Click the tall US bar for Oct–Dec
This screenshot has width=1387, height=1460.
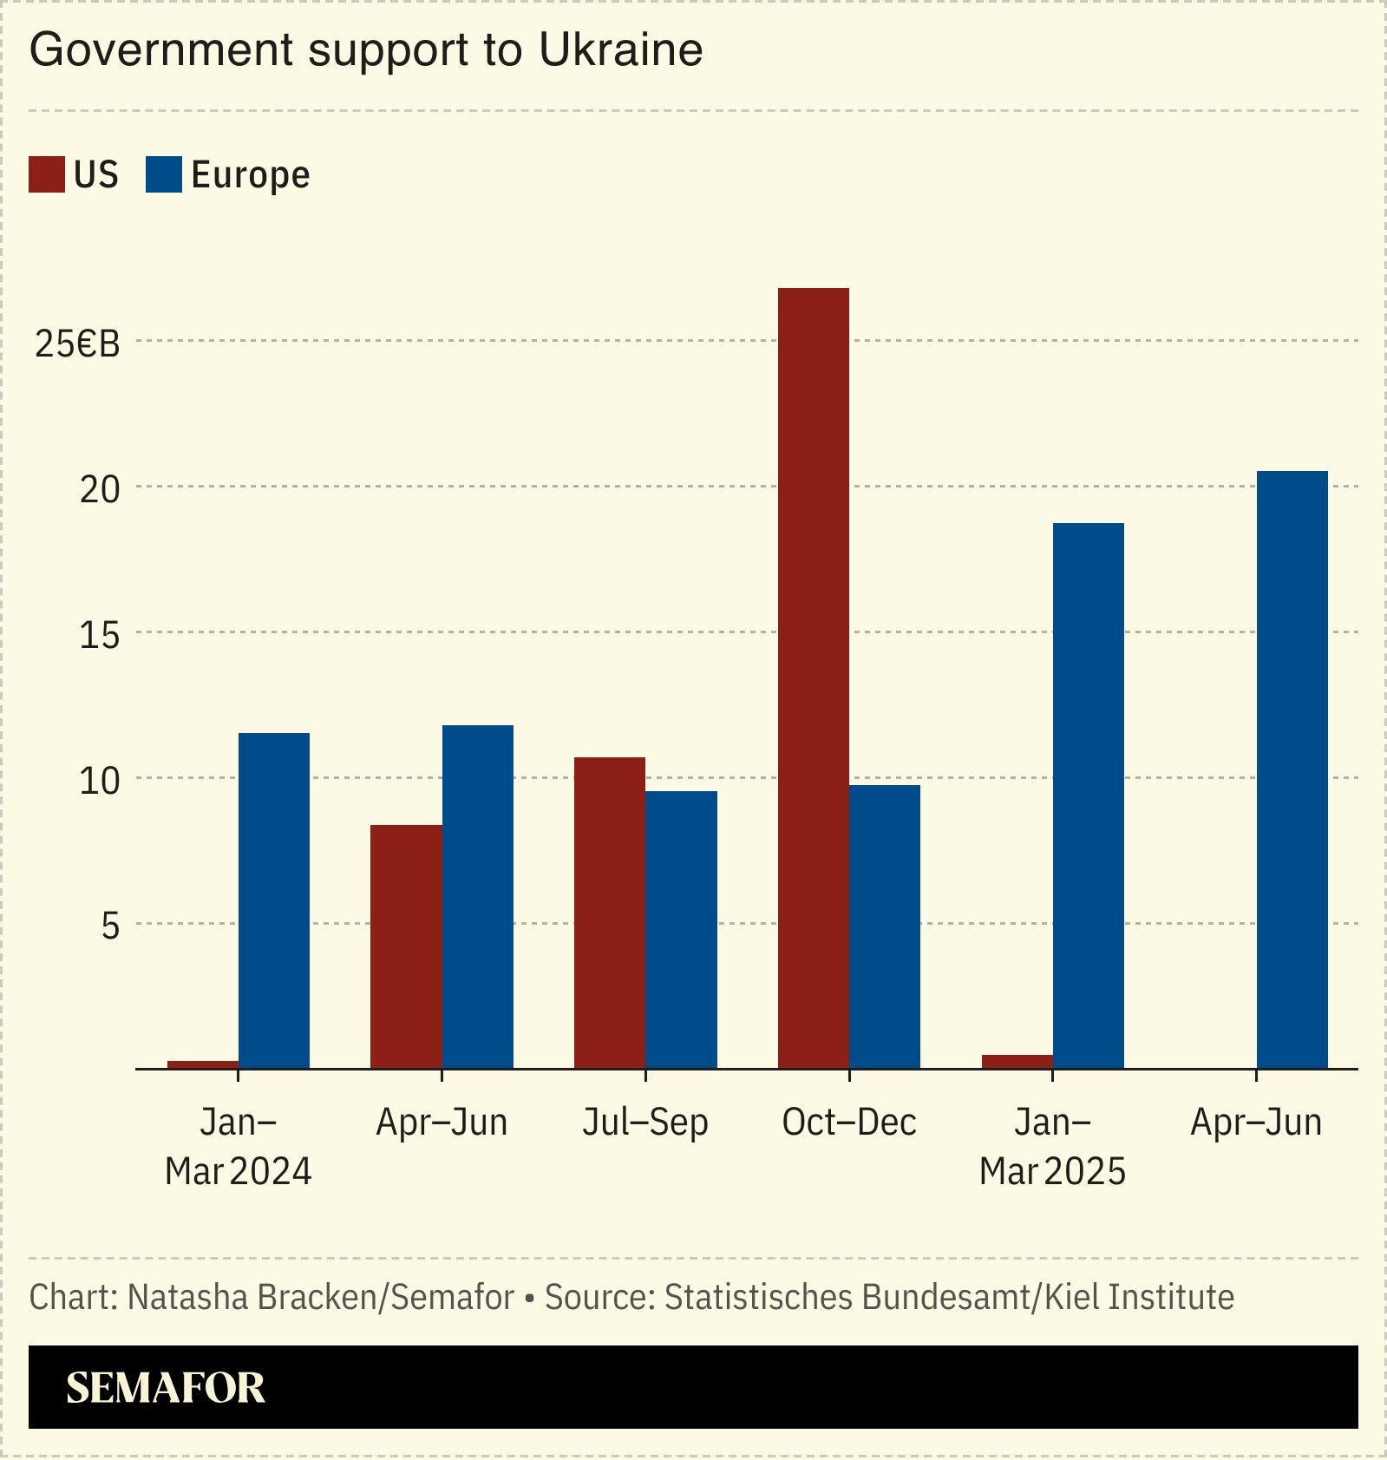813,677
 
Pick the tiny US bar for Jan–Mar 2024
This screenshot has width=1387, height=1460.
203,1064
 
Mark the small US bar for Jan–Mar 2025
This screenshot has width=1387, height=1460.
1017,1061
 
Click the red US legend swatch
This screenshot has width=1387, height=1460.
46,174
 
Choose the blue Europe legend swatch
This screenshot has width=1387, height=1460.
163,174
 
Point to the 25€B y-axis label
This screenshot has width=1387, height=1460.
77,344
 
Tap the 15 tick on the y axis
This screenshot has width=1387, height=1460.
99,636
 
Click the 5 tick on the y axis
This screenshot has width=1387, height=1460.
109,926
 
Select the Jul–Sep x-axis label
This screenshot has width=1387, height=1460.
644,1123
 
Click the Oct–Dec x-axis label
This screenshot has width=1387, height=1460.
848,1123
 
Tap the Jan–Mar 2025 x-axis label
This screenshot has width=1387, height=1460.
1052,1147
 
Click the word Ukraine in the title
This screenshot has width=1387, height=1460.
620,49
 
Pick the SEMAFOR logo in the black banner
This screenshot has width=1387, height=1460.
165,1388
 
